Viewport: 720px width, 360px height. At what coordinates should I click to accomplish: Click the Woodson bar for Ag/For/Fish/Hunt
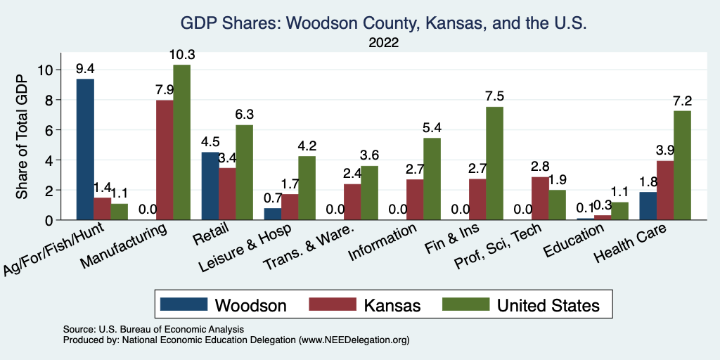85,149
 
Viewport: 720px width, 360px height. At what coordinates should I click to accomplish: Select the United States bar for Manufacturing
181,142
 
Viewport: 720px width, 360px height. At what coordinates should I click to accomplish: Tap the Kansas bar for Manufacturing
165,160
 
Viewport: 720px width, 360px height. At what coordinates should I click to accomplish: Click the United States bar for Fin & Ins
494,163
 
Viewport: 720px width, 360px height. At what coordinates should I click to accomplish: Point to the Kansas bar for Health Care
665,191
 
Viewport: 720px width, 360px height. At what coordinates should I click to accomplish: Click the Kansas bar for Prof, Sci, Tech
539,198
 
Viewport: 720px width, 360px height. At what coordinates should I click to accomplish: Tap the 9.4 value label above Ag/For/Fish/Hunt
85,69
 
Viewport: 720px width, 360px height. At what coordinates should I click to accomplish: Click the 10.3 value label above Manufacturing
181,55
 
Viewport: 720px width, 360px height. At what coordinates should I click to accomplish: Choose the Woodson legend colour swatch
184,304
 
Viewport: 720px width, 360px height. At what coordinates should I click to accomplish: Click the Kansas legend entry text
392,305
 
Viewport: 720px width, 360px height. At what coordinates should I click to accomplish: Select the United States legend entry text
548,305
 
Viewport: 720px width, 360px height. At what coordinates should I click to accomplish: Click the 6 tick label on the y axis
49,130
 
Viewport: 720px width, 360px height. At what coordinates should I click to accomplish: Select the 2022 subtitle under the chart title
383,42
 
